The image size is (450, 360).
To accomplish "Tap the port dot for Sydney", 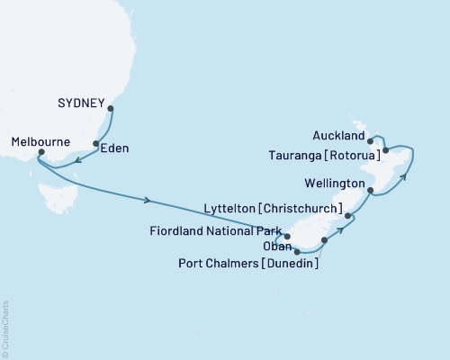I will tap(111, 110).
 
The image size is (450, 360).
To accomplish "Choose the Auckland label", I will tap(340, 137).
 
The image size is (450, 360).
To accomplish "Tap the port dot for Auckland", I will tap(371, 140).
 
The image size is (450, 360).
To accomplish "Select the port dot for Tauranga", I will tap(385, 150).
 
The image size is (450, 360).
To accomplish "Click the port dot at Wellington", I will tap(371, 191).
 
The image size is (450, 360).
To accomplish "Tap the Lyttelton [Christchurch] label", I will tap(283, 208).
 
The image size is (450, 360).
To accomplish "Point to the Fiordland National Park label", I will tap(216, 229).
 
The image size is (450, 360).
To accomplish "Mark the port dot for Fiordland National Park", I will tap(287, 237).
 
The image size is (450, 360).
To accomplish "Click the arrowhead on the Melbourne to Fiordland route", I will tap(147, 199).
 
